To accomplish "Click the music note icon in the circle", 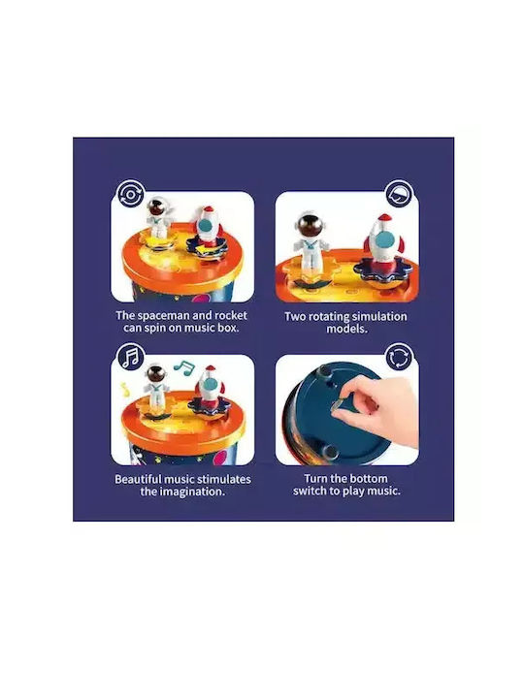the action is [x=131, y=357].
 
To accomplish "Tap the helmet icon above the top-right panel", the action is [x=399, y=194].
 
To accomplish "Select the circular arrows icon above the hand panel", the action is [x=399, y=357].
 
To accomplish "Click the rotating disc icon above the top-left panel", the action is [x=131, y=194].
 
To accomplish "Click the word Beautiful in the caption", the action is [x=138, y=480].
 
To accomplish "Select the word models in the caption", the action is [x=346, y=329].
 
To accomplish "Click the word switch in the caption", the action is [x=310, y=491].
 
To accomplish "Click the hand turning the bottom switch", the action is [x=377, y=410].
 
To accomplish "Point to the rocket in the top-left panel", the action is [x=207, y=228].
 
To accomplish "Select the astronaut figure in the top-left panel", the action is [x=157, y=218].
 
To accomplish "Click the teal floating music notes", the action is [x=184, y=366].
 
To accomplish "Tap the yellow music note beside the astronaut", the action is [x=125, y=390].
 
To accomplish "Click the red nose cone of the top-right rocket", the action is [x=384, y=218].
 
